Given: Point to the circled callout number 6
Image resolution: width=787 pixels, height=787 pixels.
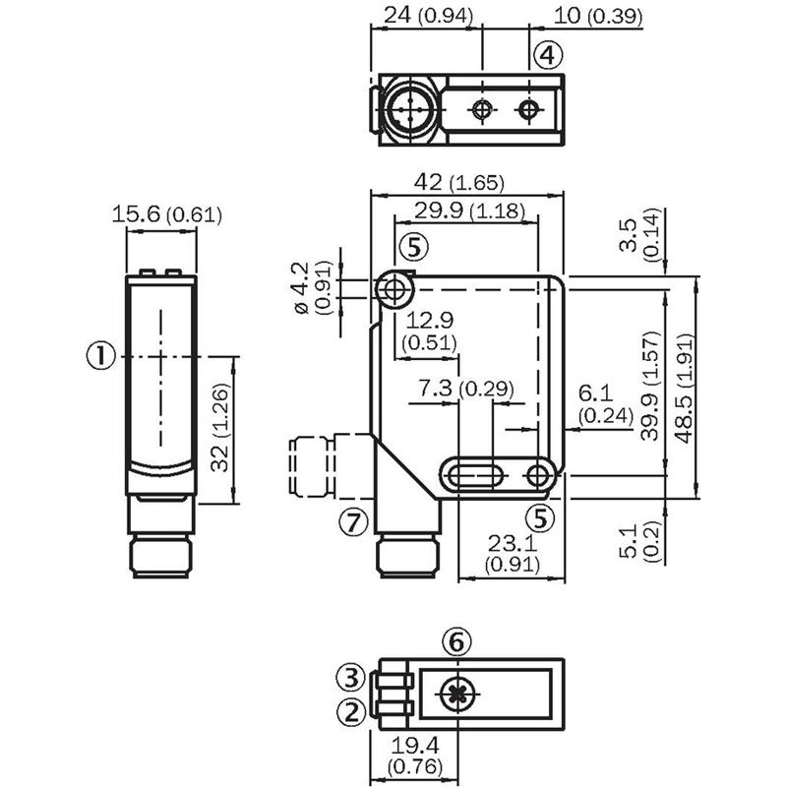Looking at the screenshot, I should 454,642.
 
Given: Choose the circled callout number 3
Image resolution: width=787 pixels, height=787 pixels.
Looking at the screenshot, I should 350,677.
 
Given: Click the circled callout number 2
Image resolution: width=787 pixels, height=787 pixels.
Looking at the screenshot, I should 350,710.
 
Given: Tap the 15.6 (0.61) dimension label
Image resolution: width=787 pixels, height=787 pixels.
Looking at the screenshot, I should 166,214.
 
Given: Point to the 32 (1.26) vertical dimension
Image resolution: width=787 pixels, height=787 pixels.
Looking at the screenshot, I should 224,430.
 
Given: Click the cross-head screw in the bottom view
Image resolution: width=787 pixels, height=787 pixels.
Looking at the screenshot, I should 454,695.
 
